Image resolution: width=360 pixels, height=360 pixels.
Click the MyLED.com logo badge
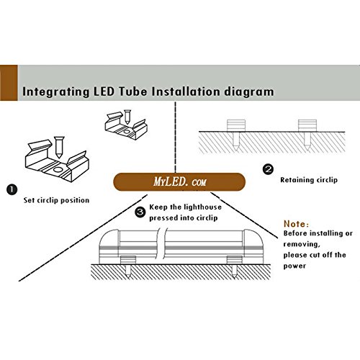[179, 181]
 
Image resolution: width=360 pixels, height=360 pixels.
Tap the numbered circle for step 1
[12, 189]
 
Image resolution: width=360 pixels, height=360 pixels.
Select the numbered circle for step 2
[268, 169]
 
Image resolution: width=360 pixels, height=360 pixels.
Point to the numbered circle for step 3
[140, 212]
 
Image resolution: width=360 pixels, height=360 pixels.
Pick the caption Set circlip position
[56, 200]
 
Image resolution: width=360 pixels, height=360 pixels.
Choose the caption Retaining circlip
[309, 180]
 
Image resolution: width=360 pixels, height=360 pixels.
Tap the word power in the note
[294, 266]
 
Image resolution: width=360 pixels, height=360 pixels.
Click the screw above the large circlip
[59, 147]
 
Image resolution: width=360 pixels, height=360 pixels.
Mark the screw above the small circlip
[127, 117]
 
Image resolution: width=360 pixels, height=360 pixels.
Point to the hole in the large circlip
[58, 170]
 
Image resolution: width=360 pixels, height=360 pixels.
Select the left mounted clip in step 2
[236, 125]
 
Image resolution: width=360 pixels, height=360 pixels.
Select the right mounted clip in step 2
[307, 125]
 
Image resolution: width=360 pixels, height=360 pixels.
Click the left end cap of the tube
[109, 246]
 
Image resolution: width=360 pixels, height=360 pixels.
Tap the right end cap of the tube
[254, 246]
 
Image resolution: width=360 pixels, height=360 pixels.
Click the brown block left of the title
[9, 83]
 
